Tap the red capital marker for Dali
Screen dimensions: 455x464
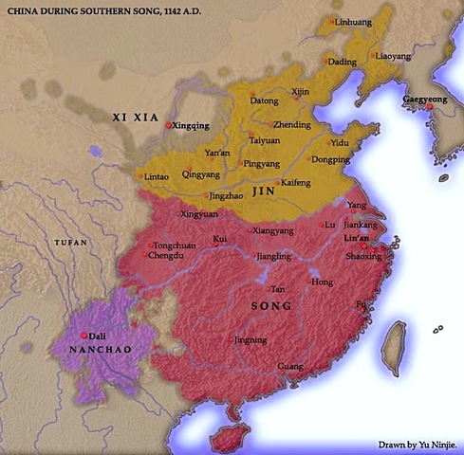point(85,336)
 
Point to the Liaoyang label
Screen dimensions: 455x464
point(394,56)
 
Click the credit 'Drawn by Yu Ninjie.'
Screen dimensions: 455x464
point(418,443)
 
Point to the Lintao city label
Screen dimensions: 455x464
point(157,177)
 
